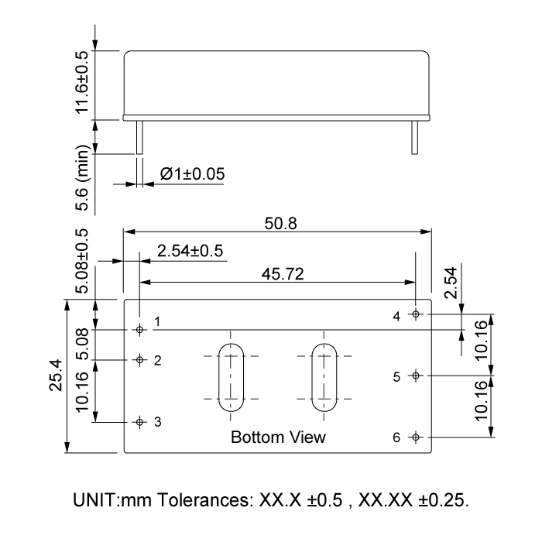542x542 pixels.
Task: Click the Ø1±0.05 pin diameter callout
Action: (x=192, y=174)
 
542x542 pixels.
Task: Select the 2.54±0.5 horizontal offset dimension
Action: (x=190, y=251)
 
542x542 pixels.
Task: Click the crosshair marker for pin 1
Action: (x=140, y=330)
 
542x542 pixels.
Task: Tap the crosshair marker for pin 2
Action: (x=140, y=360)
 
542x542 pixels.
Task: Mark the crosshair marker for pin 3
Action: (x=140, y=422)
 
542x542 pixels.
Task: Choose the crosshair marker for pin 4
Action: (x=416, y=314)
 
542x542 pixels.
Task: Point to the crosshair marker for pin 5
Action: (x=416, y=376)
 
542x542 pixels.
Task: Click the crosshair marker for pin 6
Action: (x=416, y=437)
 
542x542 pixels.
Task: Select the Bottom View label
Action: (x=278, y=437)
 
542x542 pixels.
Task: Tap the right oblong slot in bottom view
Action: (x=323, y=376)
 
